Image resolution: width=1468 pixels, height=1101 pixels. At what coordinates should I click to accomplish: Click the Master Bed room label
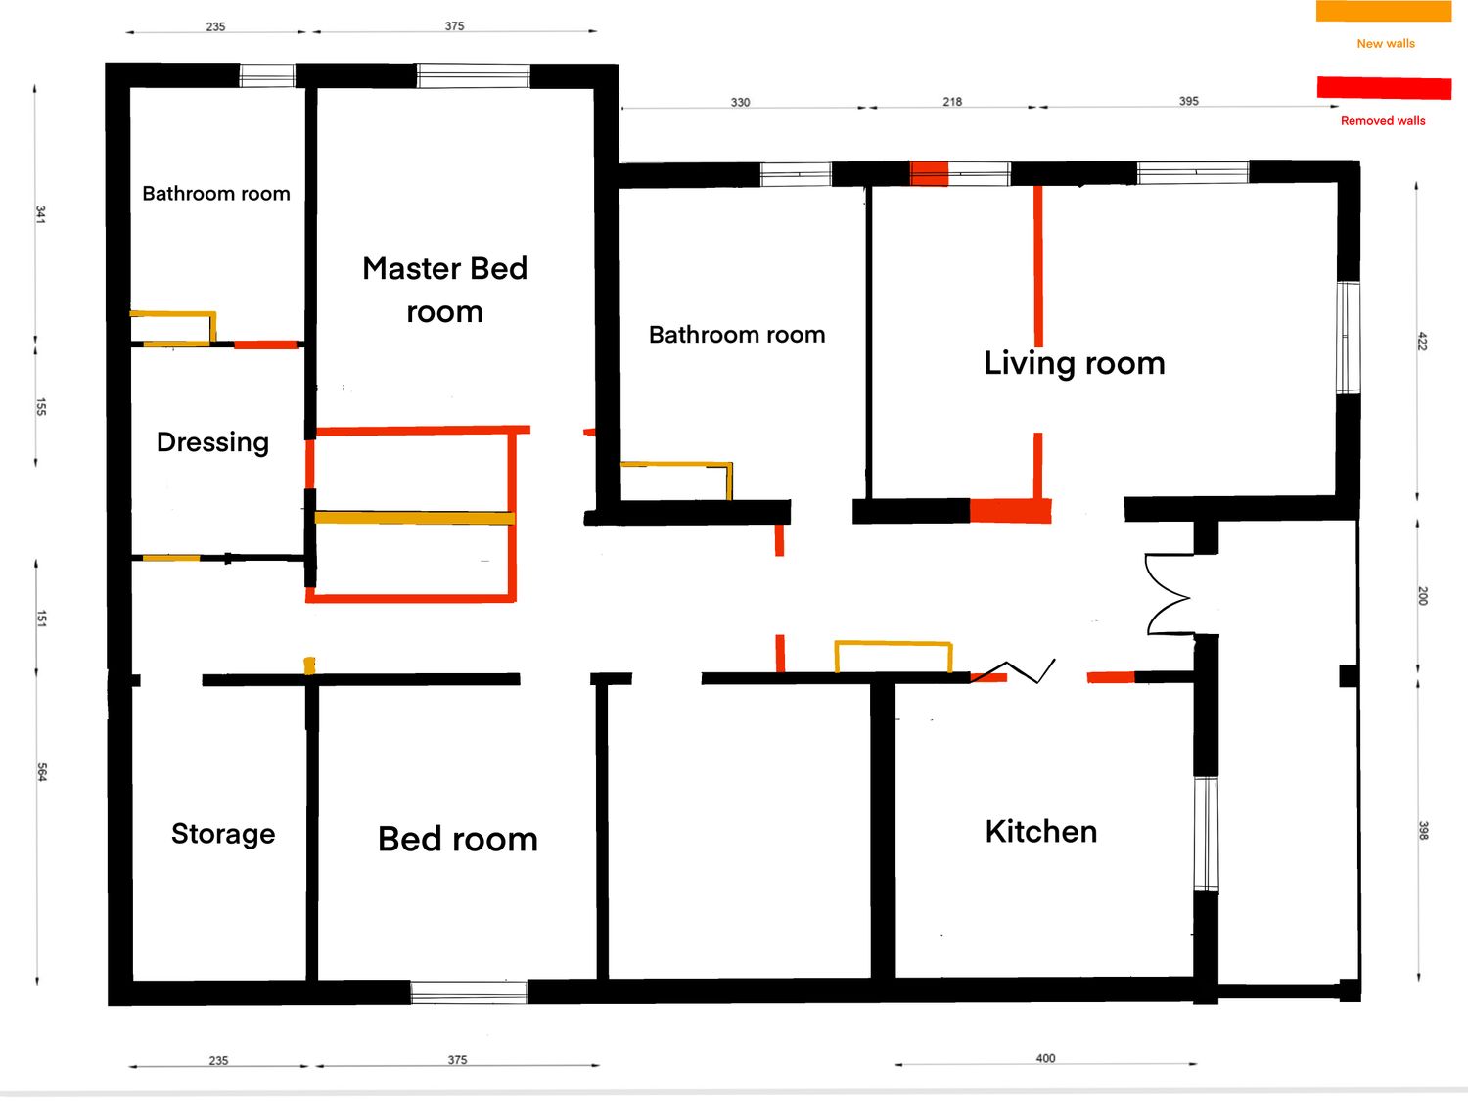coord(444,290)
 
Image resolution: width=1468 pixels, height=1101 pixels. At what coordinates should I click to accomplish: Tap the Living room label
coord(1075,364)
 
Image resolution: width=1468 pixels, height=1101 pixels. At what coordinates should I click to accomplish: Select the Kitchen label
coord(1041,832)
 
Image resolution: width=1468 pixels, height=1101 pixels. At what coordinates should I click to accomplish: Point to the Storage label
coord(223,834)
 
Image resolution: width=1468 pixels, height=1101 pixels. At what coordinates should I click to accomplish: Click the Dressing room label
coord(212,442)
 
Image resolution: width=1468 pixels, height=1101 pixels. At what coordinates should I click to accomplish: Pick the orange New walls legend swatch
coord(1384,12)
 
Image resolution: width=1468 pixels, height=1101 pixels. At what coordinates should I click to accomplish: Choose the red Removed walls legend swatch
coord(1385,87)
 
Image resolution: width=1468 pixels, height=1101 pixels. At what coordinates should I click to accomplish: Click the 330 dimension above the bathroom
coord(740,103)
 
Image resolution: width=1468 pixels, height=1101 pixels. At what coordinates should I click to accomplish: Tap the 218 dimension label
coord(952,102)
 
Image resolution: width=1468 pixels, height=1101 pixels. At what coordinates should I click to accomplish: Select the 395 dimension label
coord(1188,101)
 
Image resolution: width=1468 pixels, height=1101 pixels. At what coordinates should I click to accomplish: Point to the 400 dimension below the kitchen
coord(1045,1058)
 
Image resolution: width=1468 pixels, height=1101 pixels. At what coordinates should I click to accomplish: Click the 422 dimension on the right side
coord(1423,341)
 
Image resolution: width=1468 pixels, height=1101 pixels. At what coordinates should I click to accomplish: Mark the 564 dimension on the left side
coord(41,772)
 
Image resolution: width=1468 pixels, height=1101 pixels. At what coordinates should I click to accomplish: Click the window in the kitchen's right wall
coord(1207,834)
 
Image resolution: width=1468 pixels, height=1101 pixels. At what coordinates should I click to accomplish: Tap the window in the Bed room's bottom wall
coord(469,992)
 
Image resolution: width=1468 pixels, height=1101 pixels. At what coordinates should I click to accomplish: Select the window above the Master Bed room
coord(473,75)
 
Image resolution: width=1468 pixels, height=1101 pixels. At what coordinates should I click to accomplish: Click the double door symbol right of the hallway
coord(1170,594)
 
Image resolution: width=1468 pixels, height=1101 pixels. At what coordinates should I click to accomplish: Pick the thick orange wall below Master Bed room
coord(415,518)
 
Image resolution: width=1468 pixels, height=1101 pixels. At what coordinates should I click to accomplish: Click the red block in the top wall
coord(929,174)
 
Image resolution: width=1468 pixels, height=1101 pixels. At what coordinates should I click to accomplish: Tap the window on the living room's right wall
coord(1349,338)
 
